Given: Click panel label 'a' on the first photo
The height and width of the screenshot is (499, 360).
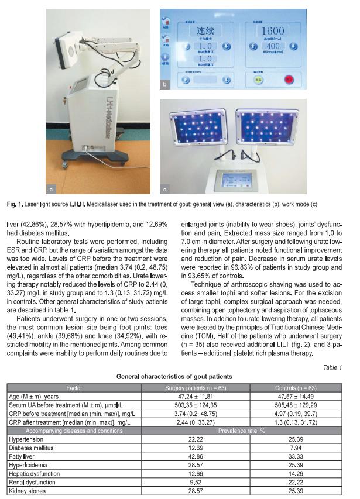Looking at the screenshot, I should pyautogui.click(x=54, y=188).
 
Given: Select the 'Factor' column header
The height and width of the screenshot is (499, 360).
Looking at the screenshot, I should pyautogui.click(x=74, y=387).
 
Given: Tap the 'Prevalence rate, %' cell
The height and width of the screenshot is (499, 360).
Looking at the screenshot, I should pyautogui.click(x=244, y=431).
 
